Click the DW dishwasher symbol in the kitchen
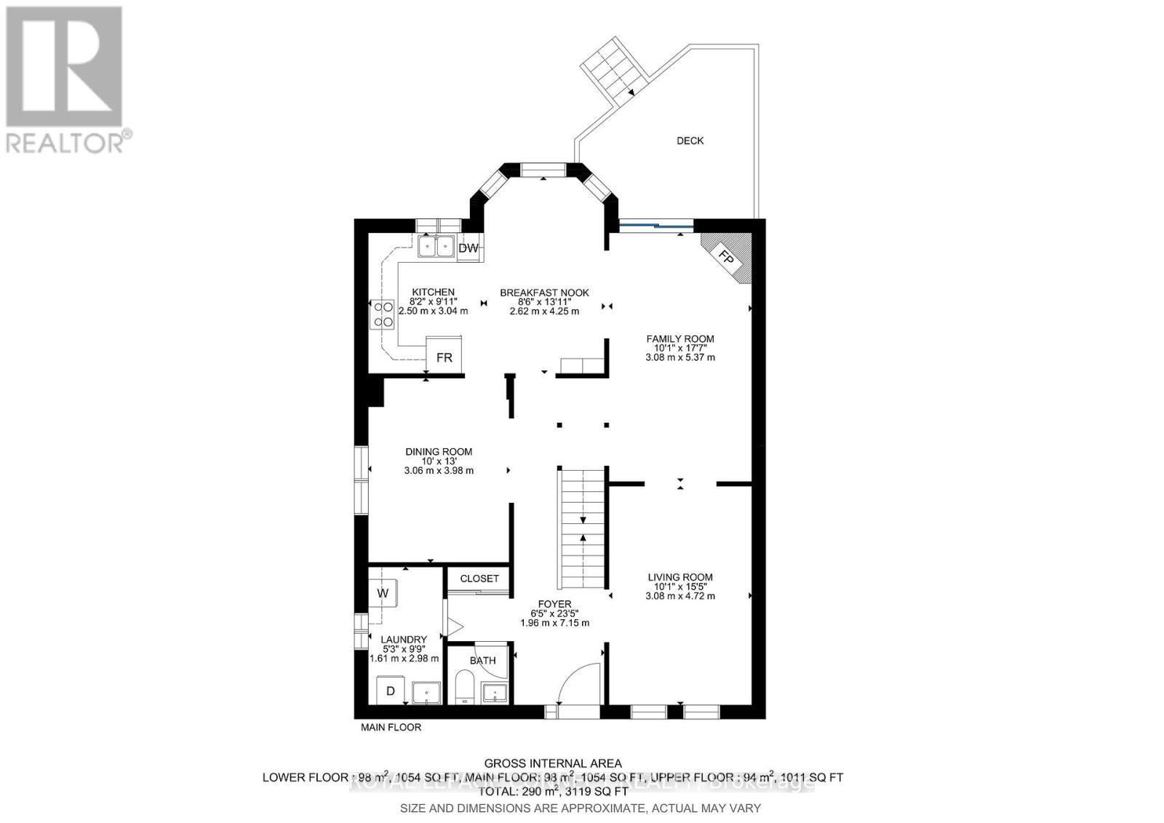click(469, 248)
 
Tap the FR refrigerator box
click(444, 357)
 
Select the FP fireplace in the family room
click(725, 257)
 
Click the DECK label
click(690, 140)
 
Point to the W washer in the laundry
click(383, 593)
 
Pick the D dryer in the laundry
click(390, 691)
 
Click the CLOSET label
click(479, 579)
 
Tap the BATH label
click(482, 661)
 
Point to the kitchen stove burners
click(383, 315)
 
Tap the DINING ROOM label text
click(439, 452)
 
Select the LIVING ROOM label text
click(680, 577)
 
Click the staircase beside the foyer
click(582, 529)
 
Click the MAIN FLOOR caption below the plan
click(391, 727)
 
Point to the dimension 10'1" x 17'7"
click(680, 348)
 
